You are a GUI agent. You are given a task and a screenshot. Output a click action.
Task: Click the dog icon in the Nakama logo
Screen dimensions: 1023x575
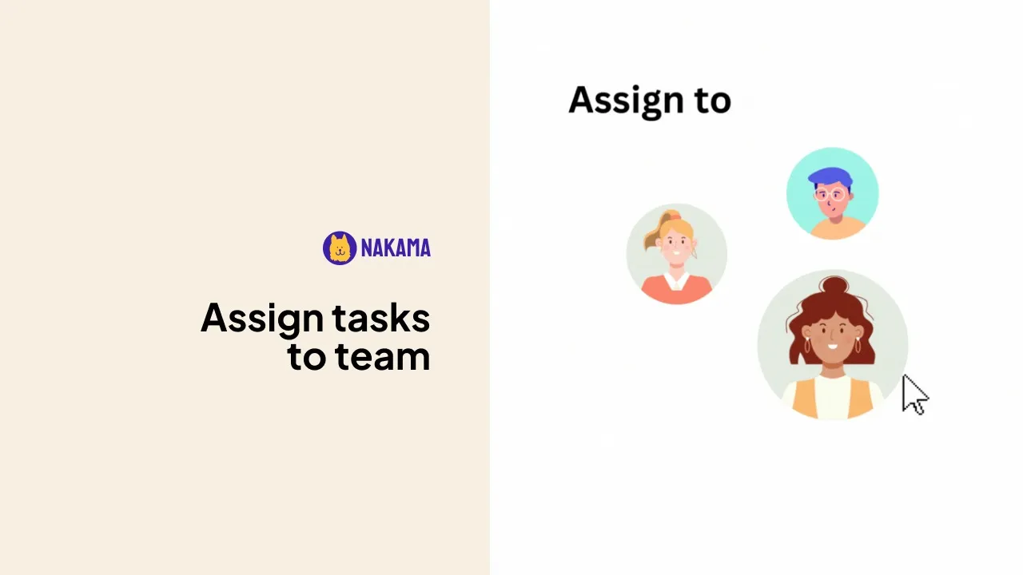point(340,248)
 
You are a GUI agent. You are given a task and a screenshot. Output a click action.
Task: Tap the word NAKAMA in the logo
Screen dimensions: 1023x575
point(396,248)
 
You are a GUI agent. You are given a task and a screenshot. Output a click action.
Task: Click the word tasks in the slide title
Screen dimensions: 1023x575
point(381,317)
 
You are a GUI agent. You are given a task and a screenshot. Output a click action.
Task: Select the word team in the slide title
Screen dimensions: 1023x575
point(383,356)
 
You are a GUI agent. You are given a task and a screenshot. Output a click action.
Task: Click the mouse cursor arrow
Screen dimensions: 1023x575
point(914,395)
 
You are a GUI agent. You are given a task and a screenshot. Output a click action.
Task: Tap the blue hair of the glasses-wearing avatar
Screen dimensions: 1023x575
point(830,177)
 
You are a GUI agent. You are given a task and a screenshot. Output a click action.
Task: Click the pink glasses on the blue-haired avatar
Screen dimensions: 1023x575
point(830,195)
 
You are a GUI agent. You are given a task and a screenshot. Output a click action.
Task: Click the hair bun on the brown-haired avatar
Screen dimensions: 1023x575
point(834,287)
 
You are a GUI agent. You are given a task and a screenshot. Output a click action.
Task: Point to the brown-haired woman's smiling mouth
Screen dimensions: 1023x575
point(833,347)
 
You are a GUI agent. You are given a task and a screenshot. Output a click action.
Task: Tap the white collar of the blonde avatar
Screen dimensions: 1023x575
point(676,280)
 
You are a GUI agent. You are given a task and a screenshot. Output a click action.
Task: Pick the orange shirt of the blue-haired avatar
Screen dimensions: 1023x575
point(838,228)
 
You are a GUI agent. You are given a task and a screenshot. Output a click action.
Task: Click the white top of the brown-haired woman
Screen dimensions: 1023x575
point(833,398)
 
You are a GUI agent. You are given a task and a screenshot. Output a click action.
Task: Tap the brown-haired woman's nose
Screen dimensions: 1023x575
point(832,336)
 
